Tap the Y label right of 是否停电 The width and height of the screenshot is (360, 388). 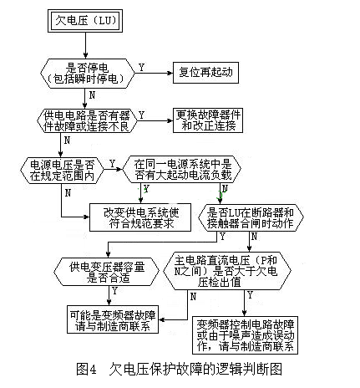click(139, 65)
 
